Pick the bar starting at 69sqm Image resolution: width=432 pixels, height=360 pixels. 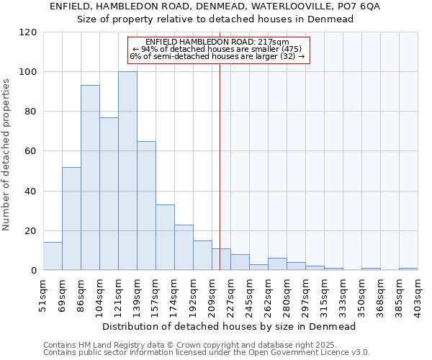(x=71, y=219)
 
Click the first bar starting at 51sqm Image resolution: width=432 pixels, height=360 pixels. (x=53, y=256)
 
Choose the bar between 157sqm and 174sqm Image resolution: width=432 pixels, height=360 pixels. (x=165, y=238)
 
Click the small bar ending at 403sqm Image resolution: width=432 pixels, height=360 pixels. (x=408, y=269)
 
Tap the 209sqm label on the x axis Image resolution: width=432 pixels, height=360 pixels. (x=212, y=293)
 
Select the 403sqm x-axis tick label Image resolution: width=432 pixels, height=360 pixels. (x=418, y=293)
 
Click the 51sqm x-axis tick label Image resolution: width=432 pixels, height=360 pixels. (x=44, y=293)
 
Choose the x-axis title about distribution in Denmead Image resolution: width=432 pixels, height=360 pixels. (x=229, y=326)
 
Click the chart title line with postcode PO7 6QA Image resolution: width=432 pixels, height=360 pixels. (x=215, y=6)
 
